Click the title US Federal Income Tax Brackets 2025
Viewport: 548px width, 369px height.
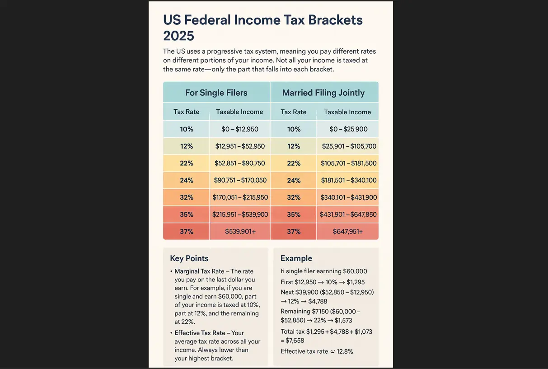click(x=262, y=28)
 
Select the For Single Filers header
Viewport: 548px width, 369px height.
click(x=216, y=93)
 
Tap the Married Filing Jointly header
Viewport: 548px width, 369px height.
click(x=323, y=93)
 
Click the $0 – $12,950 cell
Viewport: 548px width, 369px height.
click(x=240, y=129)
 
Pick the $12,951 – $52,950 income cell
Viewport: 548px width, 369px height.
click(x=240, y=146)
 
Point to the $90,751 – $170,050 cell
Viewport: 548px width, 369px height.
click(x=240, y=180)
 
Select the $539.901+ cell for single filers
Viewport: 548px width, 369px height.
click(x=240, y=231)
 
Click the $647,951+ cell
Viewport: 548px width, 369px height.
click(x=347, y=231)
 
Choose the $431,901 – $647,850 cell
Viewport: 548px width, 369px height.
click(x=348, y=215)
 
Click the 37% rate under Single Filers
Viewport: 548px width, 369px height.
click(x=187, y=231)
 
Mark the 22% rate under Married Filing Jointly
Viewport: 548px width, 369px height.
click(x=294, y=163)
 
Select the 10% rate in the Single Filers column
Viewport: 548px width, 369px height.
click(x=187, y=129)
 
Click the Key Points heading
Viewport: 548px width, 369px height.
click(x=189, y=258)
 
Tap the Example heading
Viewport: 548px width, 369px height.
click(x=296, y=258)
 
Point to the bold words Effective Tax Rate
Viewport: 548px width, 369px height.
click(x=200, y=333)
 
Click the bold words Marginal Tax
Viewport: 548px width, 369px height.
click(x=192, y=271)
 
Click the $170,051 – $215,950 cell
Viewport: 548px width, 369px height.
click(x=240, y=197)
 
